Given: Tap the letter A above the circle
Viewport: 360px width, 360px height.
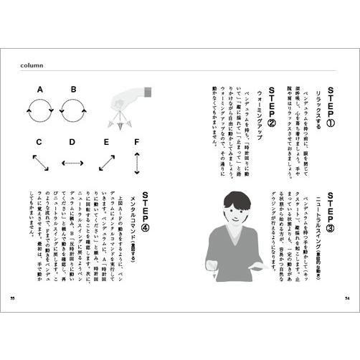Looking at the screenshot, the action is pyautogui.click(x=40, y=90).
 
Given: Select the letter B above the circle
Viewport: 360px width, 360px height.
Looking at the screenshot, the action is pyautogui.click(x=73, y=90).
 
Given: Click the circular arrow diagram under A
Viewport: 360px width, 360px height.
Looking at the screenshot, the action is pyautogui.click(x=39, y=110).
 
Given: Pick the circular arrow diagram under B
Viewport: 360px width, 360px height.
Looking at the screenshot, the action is pyautogui.click(x=73, y=110).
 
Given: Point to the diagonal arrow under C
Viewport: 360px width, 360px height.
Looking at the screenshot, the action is pyautogui.click(x=40, y=163).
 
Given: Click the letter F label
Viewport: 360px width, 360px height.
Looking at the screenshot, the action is pyautogui.click(x=136, y=141).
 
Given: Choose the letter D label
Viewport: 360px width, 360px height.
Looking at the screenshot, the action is pyautogui.click(x=72, y=143).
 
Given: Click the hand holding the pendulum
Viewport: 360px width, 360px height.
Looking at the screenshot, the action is pyautogui.click(x=141, y=101).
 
